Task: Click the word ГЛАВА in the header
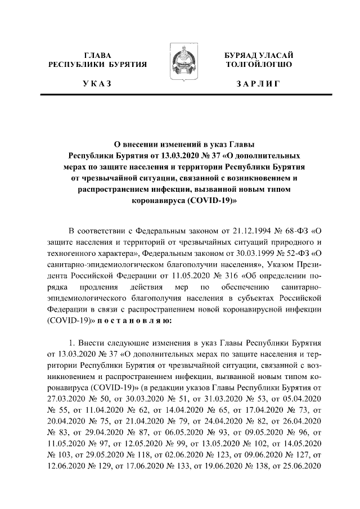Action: point(97,55)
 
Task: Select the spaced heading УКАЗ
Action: point(97,84)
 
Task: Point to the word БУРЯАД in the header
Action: point(240,55)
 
